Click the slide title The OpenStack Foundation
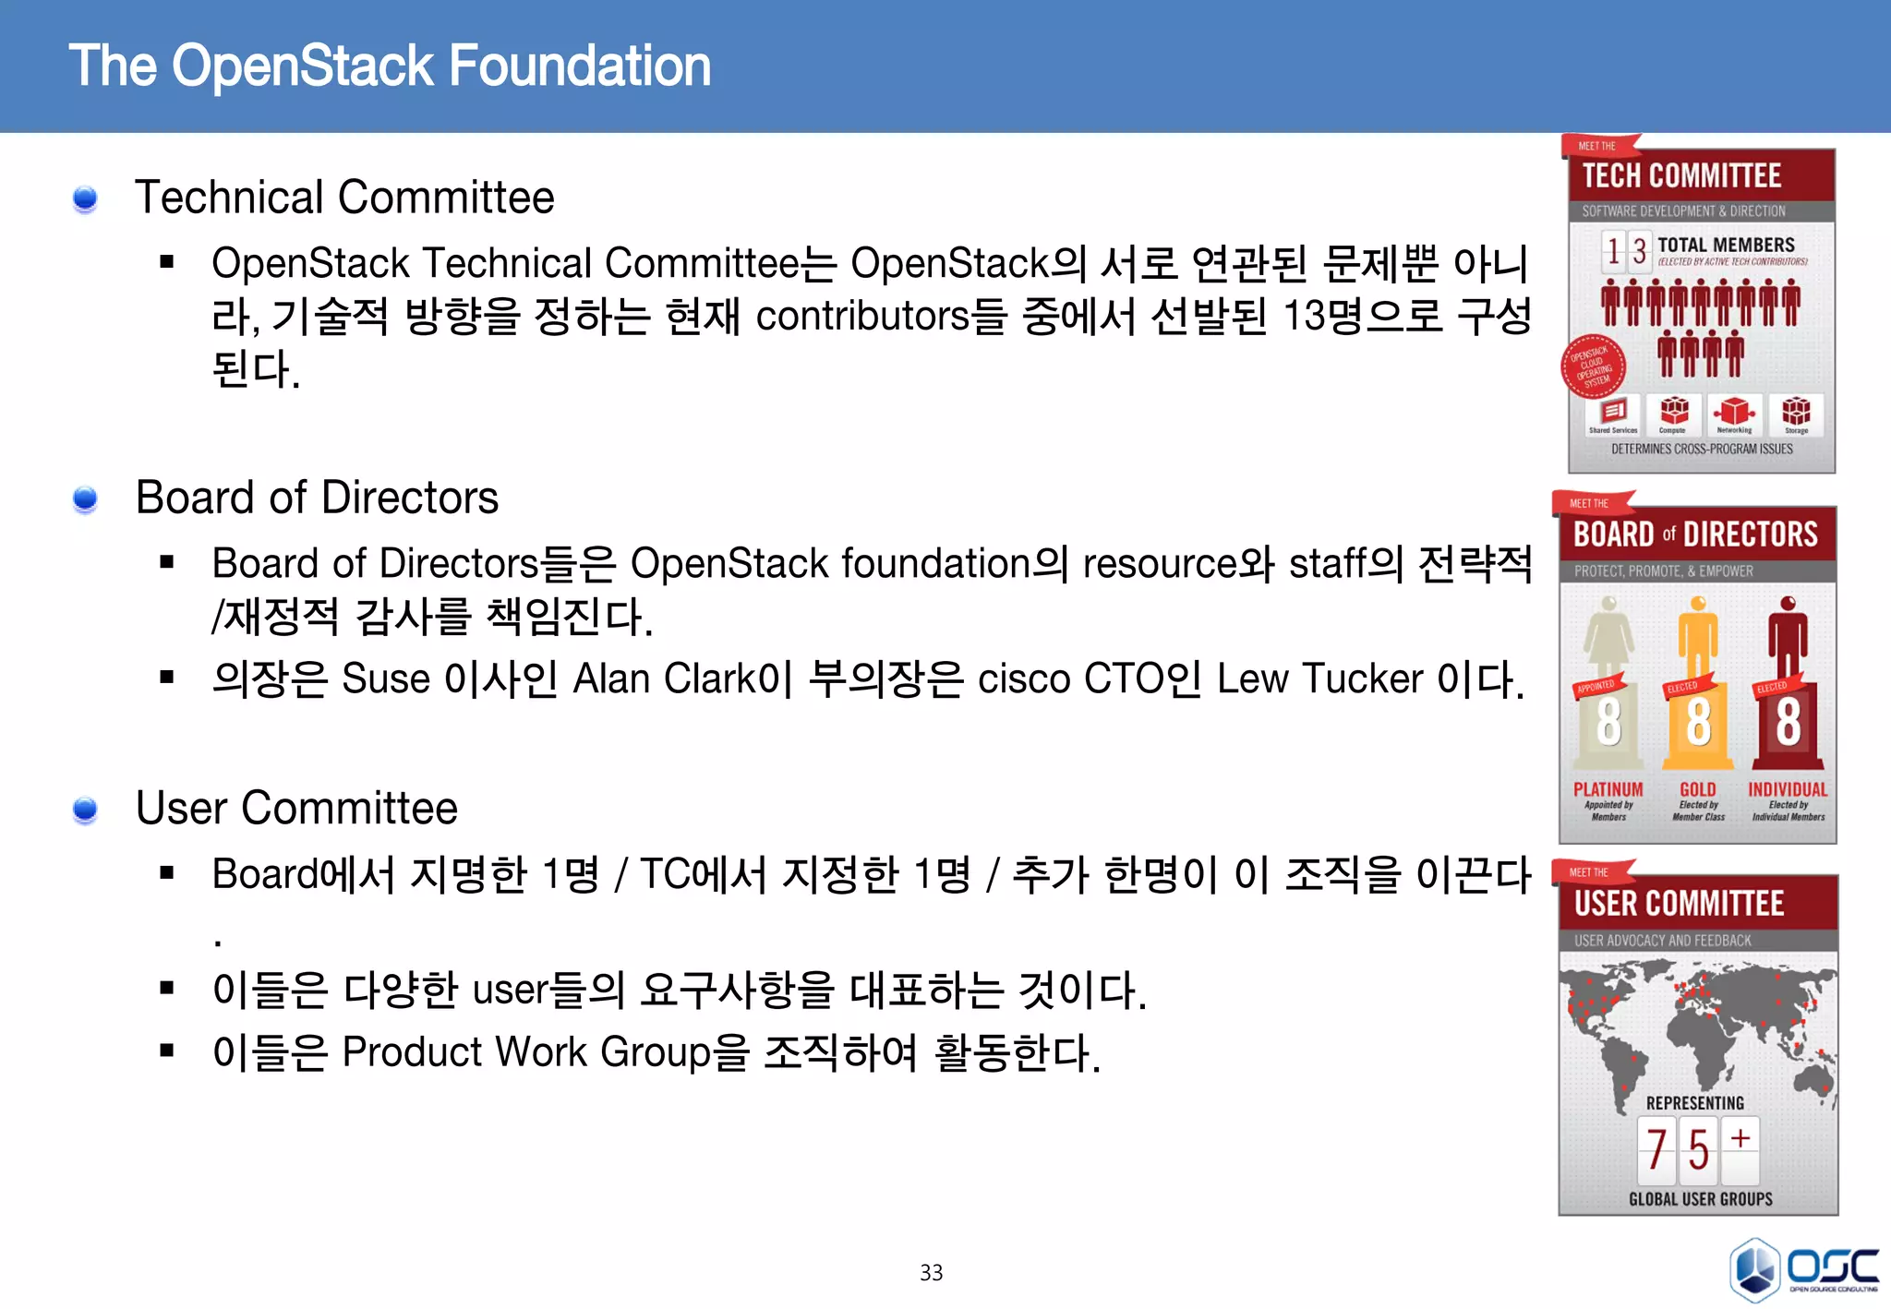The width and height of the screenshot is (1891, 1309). point(390,66)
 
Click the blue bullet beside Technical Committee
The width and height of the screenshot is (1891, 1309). point(85,198)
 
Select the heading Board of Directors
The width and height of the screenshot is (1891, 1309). point(317,498)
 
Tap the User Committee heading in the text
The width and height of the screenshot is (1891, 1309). point(296,809)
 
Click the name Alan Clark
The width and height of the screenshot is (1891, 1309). point(664,679)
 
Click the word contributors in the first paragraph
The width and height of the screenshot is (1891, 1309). point(862,317)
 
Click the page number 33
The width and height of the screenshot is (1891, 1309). point(931,1273)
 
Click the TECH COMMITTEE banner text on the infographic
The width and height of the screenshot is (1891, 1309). point(1681,175)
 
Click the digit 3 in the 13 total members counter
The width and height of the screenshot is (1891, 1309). point(1638,251)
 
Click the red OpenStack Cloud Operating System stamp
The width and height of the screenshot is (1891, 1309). point(1593,367)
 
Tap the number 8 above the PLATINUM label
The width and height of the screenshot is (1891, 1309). point(1608,722)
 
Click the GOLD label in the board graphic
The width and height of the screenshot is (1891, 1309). point(1697,789)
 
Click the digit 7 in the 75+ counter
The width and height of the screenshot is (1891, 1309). point(1656,1150)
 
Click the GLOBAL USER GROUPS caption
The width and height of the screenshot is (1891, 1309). point(1700,1199)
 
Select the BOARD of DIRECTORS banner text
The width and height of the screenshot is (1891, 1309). point(1695,534)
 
